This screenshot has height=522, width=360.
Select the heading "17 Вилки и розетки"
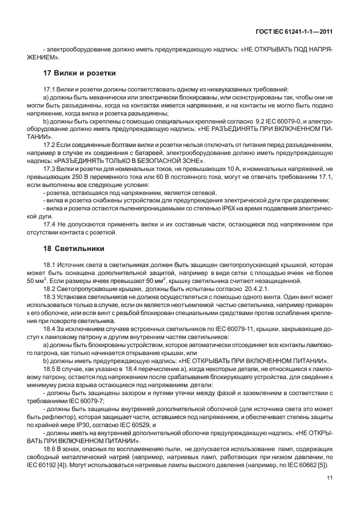[x=80, y=74]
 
